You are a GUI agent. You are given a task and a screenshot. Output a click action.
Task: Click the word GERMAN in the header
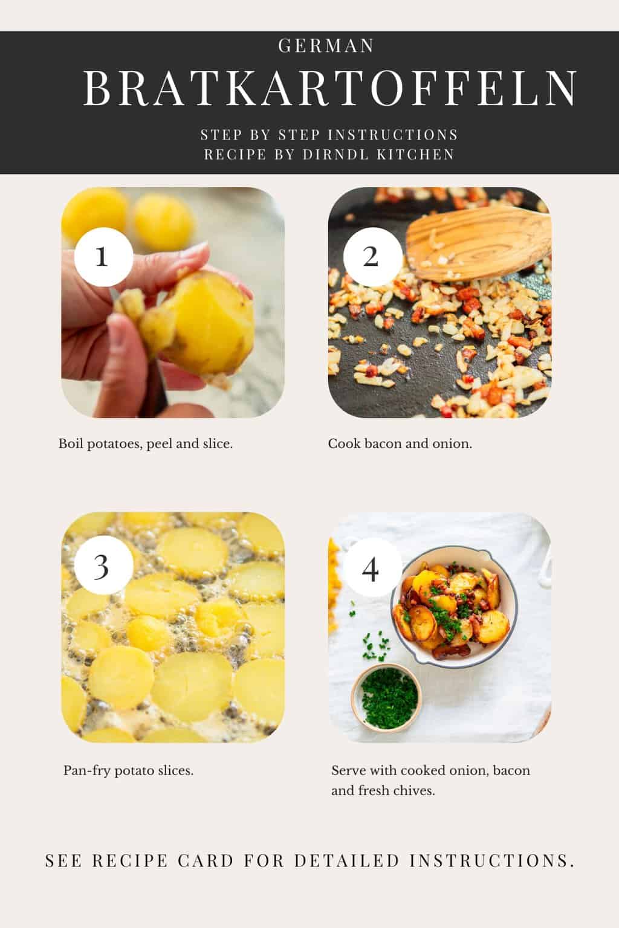pos(326,46)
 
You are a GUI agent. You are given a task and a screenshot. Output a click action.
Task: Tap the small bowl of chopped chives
pos(386,693)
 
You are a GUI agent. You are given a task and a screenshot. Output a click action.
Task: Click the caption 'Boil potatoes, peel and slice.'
pos(146,444)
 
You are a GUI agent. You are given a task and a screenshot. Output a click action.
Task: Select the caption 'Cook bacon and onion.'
pos(400,444)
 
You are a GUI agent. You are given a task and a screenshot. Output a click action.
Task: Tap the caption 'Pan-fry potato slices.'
pos(128,771)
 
